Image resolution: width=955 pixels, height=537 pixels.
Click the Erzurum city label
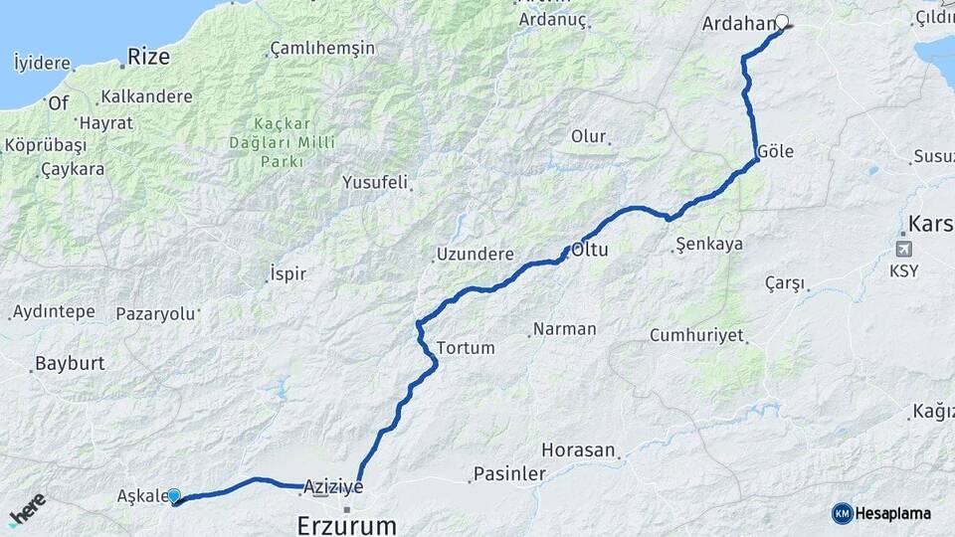[x=346, y=524]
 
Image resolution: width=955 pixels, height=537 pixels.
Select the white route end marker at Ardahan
[x=782, y=21]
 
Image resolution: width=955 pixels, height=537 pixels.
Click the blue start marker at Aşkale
[x=174, y=495]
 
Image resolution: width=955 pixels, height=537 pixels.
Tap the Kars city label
[x=930, y=224]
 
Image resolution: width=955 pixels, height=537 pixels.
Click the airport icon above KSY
[x=904, y=249]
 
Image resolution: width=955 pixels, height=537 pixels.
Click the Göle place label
[x=775, y=152]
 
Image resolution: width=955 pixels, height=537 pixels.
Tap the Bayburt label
[x=70, y=363]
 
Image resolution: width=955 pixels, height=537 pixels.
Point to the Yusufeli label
[x=375, y=182]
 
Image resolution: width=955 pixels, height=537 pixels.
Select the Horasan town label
[x=578, y=450]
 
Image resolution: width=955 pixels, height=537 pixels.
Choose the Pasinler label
[x=509, y=474]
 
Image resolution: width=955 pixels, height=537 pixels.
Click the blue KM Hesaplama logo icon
[x=843, y=513]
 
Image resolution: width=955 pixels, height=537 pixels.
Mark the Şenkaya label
[x=708, y=244]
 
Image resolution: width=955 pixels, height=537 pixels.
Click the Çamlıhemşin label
[x=322, y=48]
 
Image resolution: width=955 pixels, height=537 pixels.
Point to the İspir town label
[x=287, y=273]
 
